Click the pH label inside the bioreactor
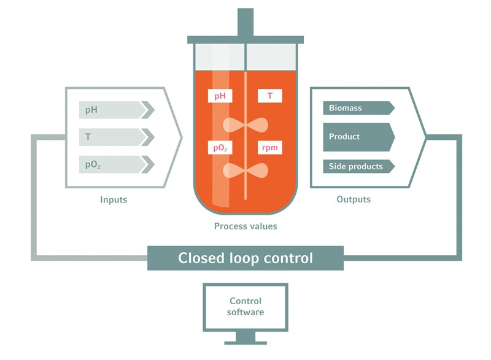[x=220, y=96]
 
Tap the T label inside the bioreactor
[x=270, y=96]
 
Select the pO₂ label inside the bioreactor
[x=220, y=148]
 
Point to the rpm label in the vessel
[x=270, y=148]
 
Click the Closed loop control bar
[x=245, y=258]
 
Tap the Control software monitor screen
[x=245, y=307]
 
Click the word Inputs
[x=114, y=200]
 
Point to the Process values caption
[x=245, y=226]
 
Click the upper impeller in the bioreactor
[x=245, y=124]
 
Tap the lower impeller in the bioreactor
[x=245, y=171]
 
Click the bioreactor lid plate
[x=245, y=40]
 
